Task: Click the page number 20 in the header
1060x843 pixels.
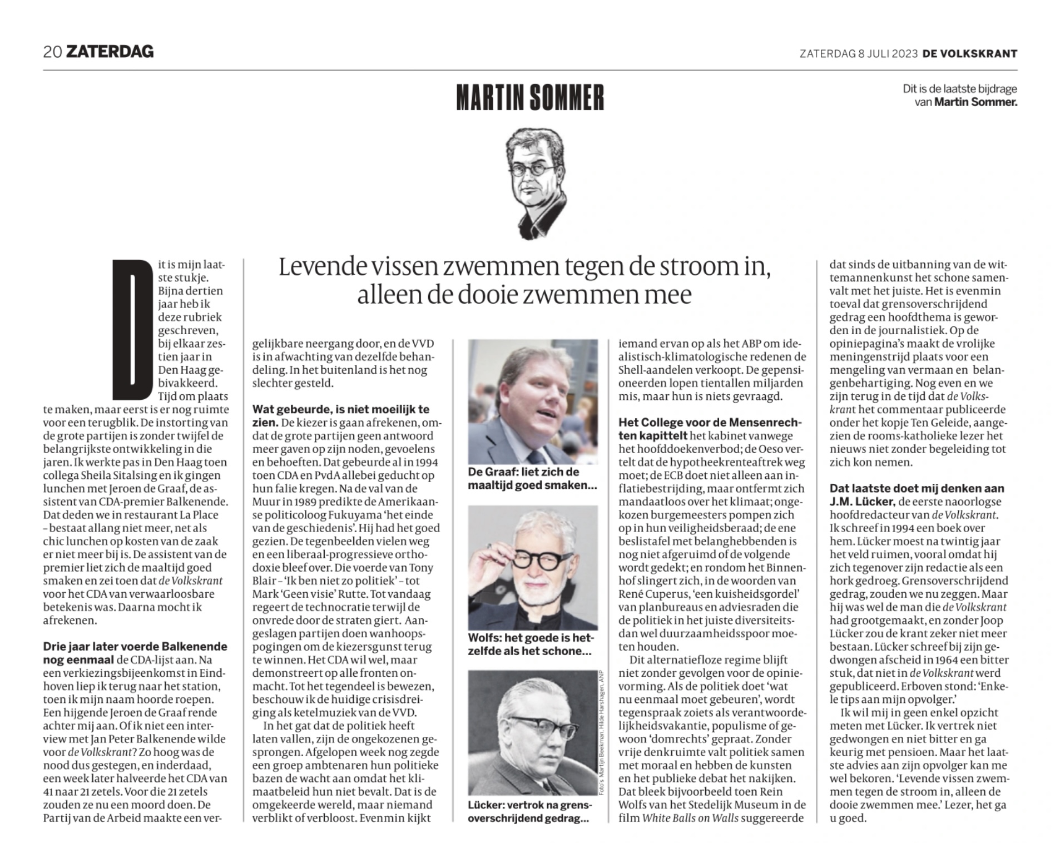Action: [x=52, y=52]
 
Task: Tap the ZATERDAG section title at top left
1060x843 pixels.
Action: [x=110, y=52]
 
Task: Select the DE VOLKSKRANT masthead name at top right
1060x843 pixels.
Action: [x=969, y=54]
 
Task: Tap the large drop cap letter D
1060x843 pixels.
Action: [x=132, y=329]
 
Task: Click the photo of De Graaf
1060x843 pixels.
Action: [x=532, y=401]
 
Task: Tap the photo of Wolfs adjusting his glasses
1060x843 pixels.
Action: [x=532, y=567]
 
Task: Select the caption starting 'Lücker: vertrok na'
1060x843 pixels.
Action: [x=529, y=811]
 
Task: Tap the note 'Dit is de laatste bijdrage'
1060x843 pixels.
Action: [x=960, y=89]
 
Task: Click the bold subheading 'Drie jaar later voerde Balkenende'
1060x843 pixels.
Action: [x=135, y=647]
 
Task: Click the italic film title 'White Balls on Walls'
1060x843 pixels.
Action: [x=690, y=818]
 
